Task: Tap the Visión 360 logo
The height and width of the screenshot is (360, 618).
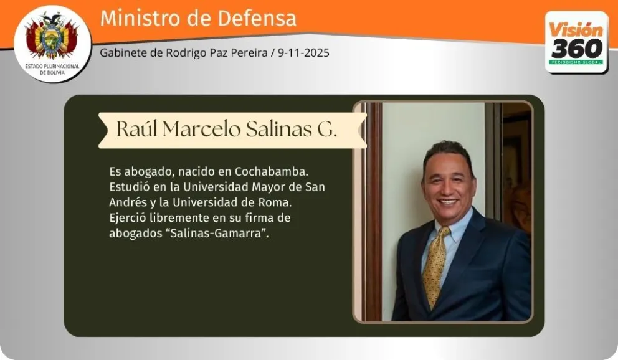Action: tap(577, 42)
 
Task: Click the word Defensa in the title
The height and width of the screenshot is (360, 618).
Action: tap(257, 18)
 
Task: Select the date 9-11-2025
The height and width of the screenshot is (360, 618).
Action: tap(303, 53)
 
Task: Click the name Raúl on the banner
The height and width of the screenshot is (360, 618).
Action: tap(137, 129)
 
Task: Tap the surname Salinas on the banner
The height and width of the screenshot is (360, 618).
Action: tap(279, 129)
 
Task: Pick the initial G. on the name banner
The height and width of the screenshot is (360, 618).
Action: tap(327, 129)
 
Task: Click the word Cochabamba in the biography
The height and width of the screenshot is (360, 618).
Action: tap(271, 172)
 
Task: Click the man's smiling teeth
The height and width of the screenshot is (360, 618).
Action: tap(448, 202)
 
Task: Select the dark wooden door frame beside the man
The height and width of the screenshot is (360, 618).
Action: tap(372, 212)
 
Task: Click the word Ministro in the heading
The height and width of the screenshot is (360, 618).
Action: tap(130, 18)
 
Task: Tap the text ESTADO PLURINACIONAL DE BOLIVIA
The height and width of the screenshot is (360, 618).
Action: tap(52, 69)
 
